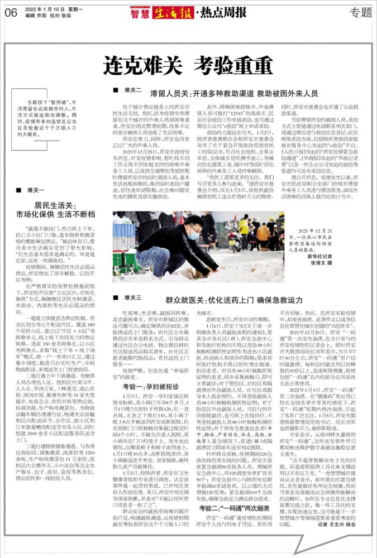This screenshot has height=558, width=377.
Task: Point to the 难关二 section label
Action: pos(132,89)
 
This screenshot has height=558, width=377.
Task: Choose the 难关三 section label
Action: pos(132,299)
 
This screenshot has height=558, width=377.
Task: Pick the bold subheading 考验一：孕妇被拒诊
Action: pos(148,371)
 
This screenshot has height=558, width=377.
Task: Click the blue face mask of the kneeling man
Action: pos(193,235)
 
